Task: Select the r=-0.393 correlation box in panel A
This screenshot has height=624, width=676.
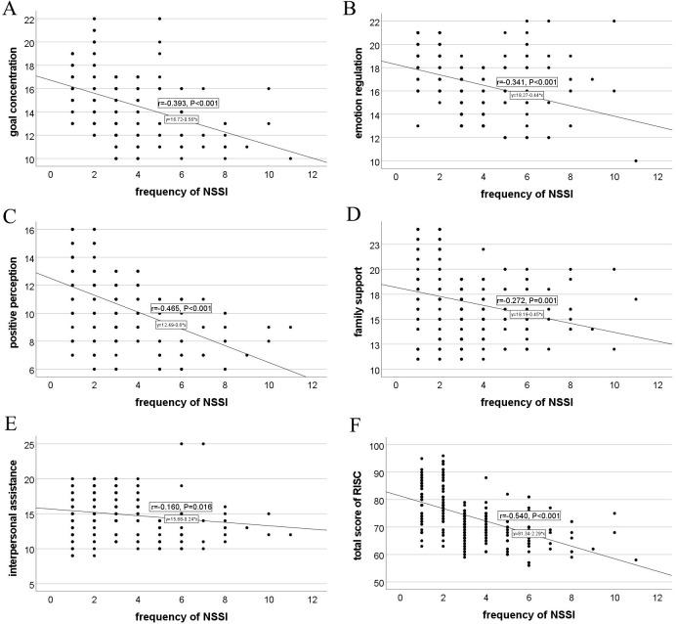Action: tap(194, 101)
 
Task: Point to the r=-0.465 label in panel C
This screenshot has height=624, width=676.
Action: tap(182, 309)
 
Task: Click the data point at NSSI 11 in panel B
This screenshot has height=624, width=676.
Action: tap(636, 161)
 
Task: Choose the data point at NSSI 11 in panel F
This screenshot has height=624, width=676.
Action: tap(636, 560)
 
